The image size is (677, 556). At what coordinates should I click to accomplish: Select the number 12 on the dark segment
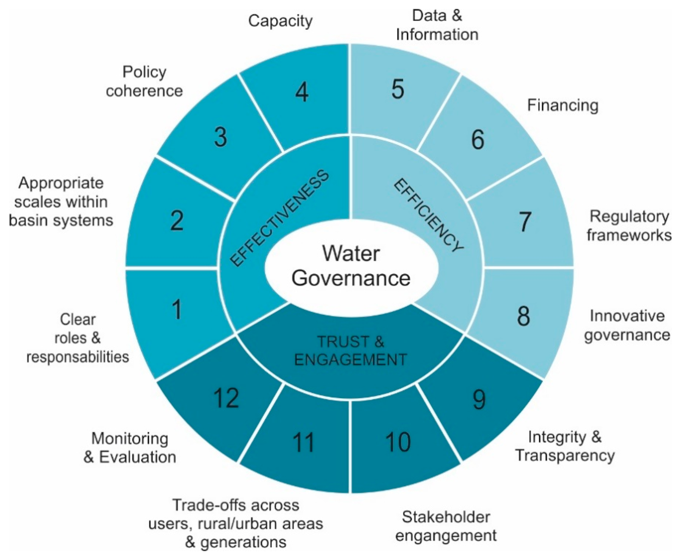click(226, 398)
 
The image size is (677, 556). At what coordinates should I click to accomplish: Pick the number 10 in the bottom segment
click(398, 442)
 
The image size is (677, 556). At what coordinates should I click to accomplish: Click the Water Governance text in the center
click(351, 266)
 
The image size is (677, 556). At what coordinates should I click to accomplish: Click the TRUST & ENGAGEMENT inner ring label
click(351, 351)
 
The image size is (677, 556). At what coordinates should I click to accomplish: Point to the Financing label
click(563, 105)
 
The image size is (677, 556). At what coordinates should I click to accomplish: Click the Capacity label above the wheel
click(281, 21)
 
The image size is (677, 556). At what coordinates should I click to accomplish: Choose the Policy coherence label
click(144, 81)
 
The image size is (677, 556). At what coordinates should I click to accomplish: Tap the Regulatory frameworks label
click(629, 226)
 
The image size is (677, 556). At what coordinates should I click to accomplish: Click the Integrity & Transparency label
click(565, 446)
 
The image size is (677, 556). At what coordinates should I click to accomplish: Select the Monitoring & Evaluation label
click(130, 448)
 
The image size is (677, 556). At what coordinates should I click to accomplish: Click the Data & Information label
click(437, 25)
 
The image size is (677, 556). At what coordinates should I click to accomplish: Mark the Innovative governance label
click(627, 326)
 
